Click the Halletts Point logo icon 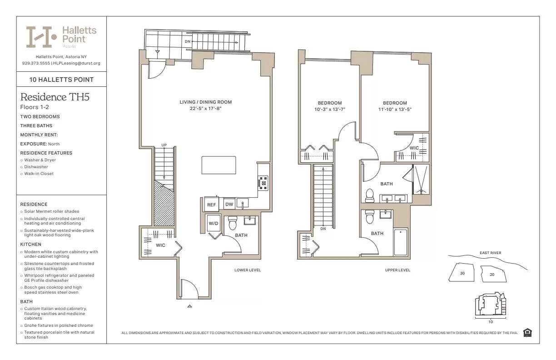(x=41, y=37)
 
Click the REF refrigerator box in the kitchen (x=211, y=205)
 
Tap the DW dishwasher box (x=229, y=205)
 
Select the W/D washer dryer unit (x=213, y=224)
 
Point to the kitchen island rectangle (x=219, y=165)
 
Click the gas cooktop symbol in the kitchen (x=263, y=183)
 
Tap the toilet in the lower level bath (x=233, y=223)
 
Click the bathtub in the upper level (x=400, y=242)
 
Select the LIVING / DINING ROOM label (x=205, y=103)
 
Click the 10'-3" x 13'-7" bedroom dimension (x=330, y=109)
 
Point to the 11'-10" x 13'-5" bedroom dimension (x=395, y=109)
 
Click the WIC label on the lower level (x=160, y=245)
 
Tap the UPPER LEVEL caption (x=397, y=270)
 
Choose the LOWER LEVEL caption (x=248, y=270)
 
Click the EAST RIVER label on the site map (x=490, y=253)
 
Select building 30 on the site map (x=462, y=273)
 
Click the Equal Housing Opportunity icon (x=527, y=333)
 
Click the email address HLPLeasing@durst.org (x=77, y=63)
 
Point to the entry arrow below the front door (x=190, y=306)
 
